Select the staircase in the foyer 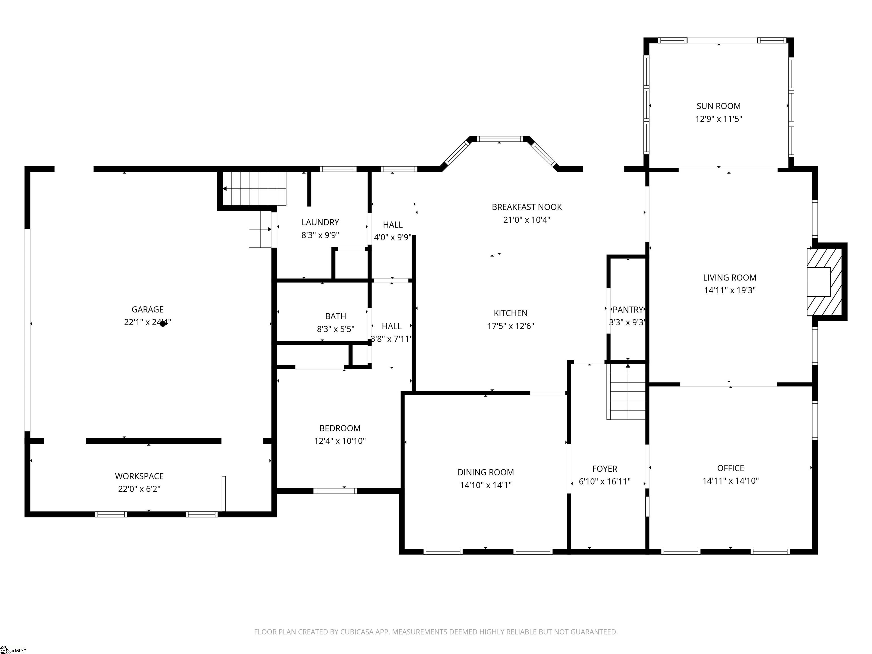click(x=628, y=392)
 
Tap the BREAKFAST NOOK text click(x=527, y=207)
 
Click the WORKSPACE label click(x=139, y=476)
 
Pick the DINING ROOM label click(x=485, y=472)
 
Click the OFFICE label click(x=730, y=468)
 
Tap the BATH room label click(x=336, y=316)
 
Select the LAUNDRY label click(x=320, y=222)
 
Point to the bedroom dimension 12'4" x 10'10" click(x=340, y=441)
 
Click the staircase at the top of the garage click(x=254, y=188)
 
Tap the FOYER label click(x=604, y=469)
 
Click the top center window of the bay click(x=500, y=139)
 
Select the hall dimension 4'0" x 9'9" click(x=393, y=237)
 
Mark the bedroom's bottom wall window click(x=335, y=491)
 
